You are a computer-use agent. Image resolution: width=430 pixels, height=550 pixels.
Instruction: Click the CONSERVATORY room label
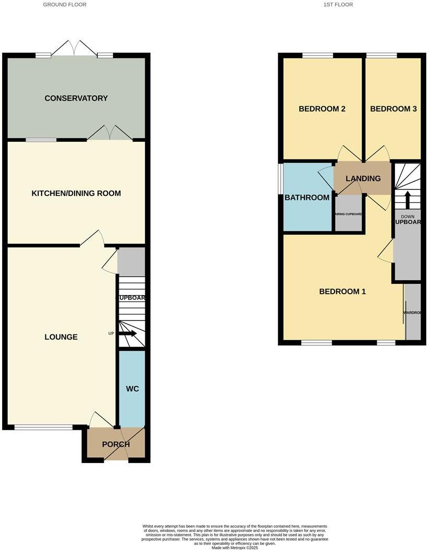click(x=76, y=98)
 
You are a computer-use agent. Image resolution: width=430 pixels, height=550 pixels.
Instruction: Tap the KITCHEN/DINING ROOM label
click(x=76, y=193)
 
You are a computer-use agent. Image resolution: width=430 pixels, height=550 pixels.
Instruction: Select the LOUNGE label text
click(x=61, y=337)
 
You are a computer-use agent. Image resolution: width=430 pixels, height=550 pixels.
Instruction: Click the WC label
click(x=132, y=389)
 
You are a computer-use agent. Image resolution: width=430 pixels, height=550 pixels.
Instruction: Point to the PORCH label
click(x=116, y=444)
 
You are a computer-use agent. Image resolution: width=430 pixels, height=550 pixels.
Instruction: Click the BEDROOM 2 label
click(x=322, y=109)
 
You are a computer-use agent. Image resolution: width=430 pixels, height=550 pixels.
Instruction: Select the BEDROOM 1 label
click(x=342, y=292)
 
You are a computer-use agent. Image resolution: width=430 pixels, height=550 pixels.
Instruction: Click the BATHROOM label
click(x=307, y=197)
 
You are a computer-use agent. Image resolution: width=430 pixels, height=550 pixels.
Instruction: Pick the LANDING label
click(x=363, y=178)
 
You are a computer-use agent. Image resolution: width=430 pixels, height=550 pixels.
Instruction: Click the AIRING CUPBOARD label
click(x=349, y=214)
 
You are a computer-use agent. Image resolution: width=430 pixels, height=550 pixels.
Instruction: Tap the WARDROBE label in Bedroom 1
click(x=414, y=313)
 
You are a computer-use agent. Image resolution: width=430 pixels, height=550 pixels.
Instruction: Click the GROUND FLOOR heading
click(x=65, y=5)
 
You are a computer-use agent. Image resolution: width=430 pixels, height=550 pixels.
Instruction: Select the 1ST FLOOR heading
click(x=337, y=5)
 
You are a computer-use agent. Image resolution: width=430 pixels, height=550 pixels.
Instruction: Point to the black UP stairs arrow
click(x=128, y=333)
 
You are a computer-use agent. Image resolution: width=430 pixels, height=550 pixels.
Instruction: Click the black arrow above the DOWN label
click(x=408, y=199)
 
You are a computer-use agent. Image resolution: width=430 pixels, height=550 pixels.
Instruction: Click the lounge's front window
click(x=43, y=428)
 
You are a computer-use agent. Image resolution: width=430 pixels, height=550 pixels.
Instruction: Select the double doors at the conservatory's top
click(x=74, y=49)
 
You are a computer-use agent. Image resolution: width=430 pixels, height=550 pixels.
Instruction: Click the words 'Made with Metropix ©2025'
click(x=235, y=547)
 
